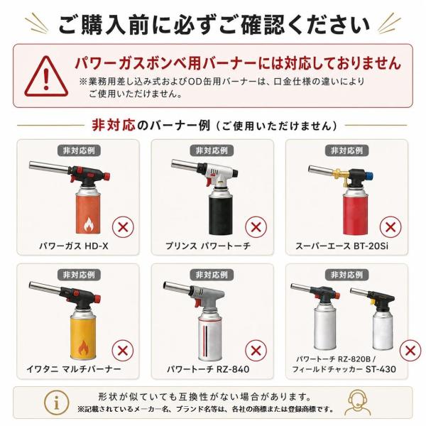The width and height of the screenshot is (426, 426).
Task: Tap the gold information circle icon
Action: pos(56,403)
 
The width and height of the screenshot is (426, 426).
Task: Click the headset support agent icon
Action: pos(358,403)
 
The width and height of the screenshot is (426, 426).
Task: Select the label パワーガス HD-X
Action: pos(74,246)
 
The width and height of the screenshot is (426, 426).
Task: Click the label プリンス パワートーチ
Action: pos(208,246)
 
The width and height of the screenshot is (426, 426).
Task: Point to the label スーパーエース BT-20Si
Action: pos(342,246)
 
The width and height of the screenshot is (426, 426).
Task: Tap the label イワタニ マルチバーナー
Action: pos(74,369)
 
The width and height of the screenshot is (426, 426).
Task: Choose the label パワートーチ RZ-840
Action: pos(208,369)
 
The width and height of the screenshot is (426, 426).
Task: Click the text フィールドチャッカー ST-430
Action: pos(344,369)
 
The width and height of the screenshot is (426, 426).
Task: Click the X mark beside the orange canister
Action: pos(123,227)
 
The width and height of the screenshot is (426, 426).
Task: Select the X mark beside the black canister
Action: pos(256,227)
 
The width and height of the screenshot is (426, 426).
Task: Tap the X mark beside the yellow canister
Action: pos(123,351)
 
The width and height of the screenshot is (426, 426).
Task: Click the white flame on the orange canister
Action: pos(88,224)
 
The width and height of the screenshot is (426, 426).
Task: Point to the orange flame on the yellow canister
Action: pos(83,348)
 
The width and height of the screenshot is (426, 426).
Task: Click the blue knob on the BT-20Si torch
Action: pos(370,177)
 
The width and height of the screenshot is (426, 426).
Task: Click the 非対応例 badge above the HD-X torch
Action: pos(79,151)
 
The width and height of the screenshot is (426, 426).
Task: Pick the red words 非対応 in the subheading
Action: pos(114,125)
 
